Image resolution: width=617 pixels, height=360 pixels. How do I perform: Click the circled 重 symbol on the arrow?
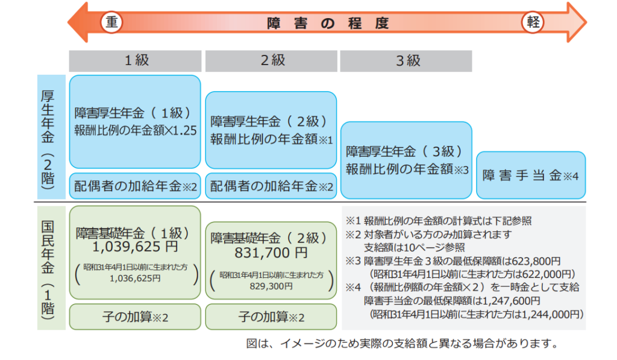(111, 22)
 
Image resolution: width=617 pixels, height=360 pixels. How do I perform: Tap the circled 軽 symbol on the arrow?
(533, 22)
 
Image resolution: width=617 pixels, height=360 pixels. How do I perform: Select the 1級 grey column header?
(135, 61)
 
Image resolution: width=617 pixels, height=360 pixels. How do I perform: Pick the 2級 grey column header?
(271, 61)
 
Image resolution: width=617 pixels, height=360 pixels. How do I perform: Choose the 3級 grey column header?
(406, 61)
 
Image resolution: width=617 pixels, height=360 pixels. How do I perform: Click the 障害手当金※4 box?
(531, 175)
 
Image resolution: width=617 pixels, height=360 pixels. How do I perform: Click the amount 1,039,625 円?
(135, 247)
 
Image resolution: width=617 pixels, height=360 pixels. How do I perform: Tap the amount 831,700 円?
(271, 253)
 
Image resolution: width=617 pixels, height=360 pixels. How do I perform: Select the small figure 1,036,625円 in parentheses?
(135, 279)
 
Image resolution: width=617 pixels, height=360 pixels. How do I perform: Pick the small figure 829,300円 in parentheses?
(271, 286)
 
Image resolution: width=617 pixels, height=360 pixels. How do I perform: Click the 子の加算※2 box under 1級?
(135, 317)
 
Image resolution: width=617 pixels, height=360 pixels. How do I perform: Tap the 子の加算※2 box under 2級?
(271, 317)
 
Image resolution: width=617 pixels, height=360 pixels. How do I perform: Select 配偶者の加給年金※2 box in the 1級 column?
(135, 186)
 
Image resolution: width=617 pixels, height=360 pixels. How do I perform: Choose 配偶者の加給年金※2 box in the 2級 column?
(271, 186)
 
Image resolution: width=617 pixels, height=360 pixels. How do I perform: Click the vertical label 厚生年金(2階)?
(48, 137)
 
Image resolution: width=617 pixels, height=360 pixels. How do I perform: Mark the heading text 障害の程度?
(328, 24)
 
